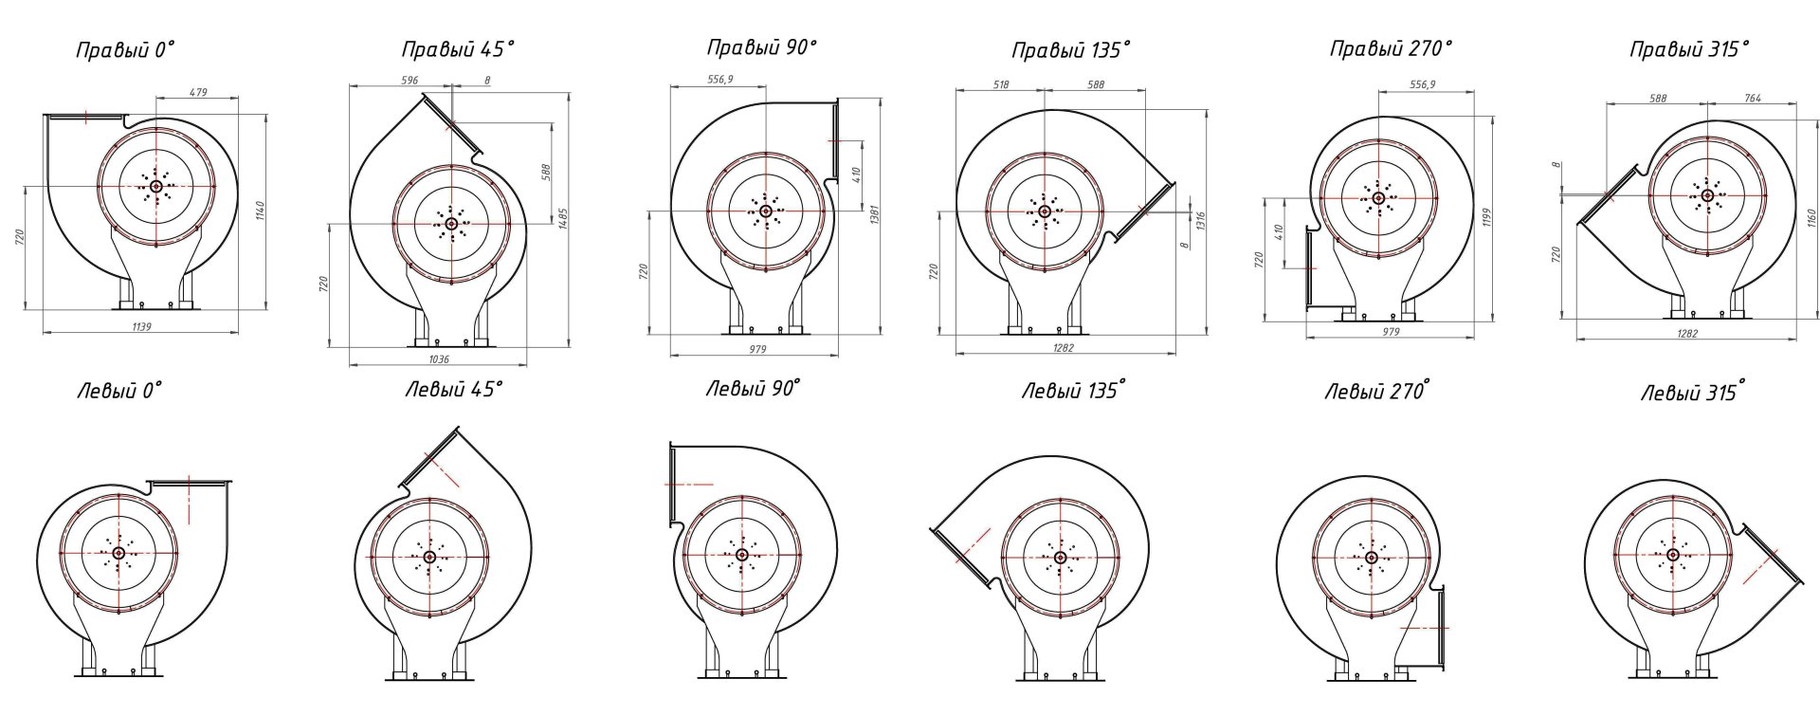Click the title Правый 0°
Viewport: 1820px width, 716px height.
tap(126, 51)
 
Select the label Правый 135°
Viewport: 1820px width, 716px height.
tap(1070, 50)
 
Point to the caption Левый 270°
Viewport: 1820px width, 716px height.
tap(1376, 390)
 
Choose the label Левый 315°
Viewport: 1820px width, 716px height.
tap(1693, 392)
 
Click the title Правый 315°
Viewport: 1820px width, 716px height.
tap(1689, 49)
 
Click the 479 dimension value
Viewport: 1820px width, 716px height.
tap(198, 92)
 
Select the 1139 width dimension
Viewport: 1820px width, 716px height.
tap(141, 326)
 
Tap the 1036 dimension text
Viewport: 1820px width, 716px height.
tap(439, 359)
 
